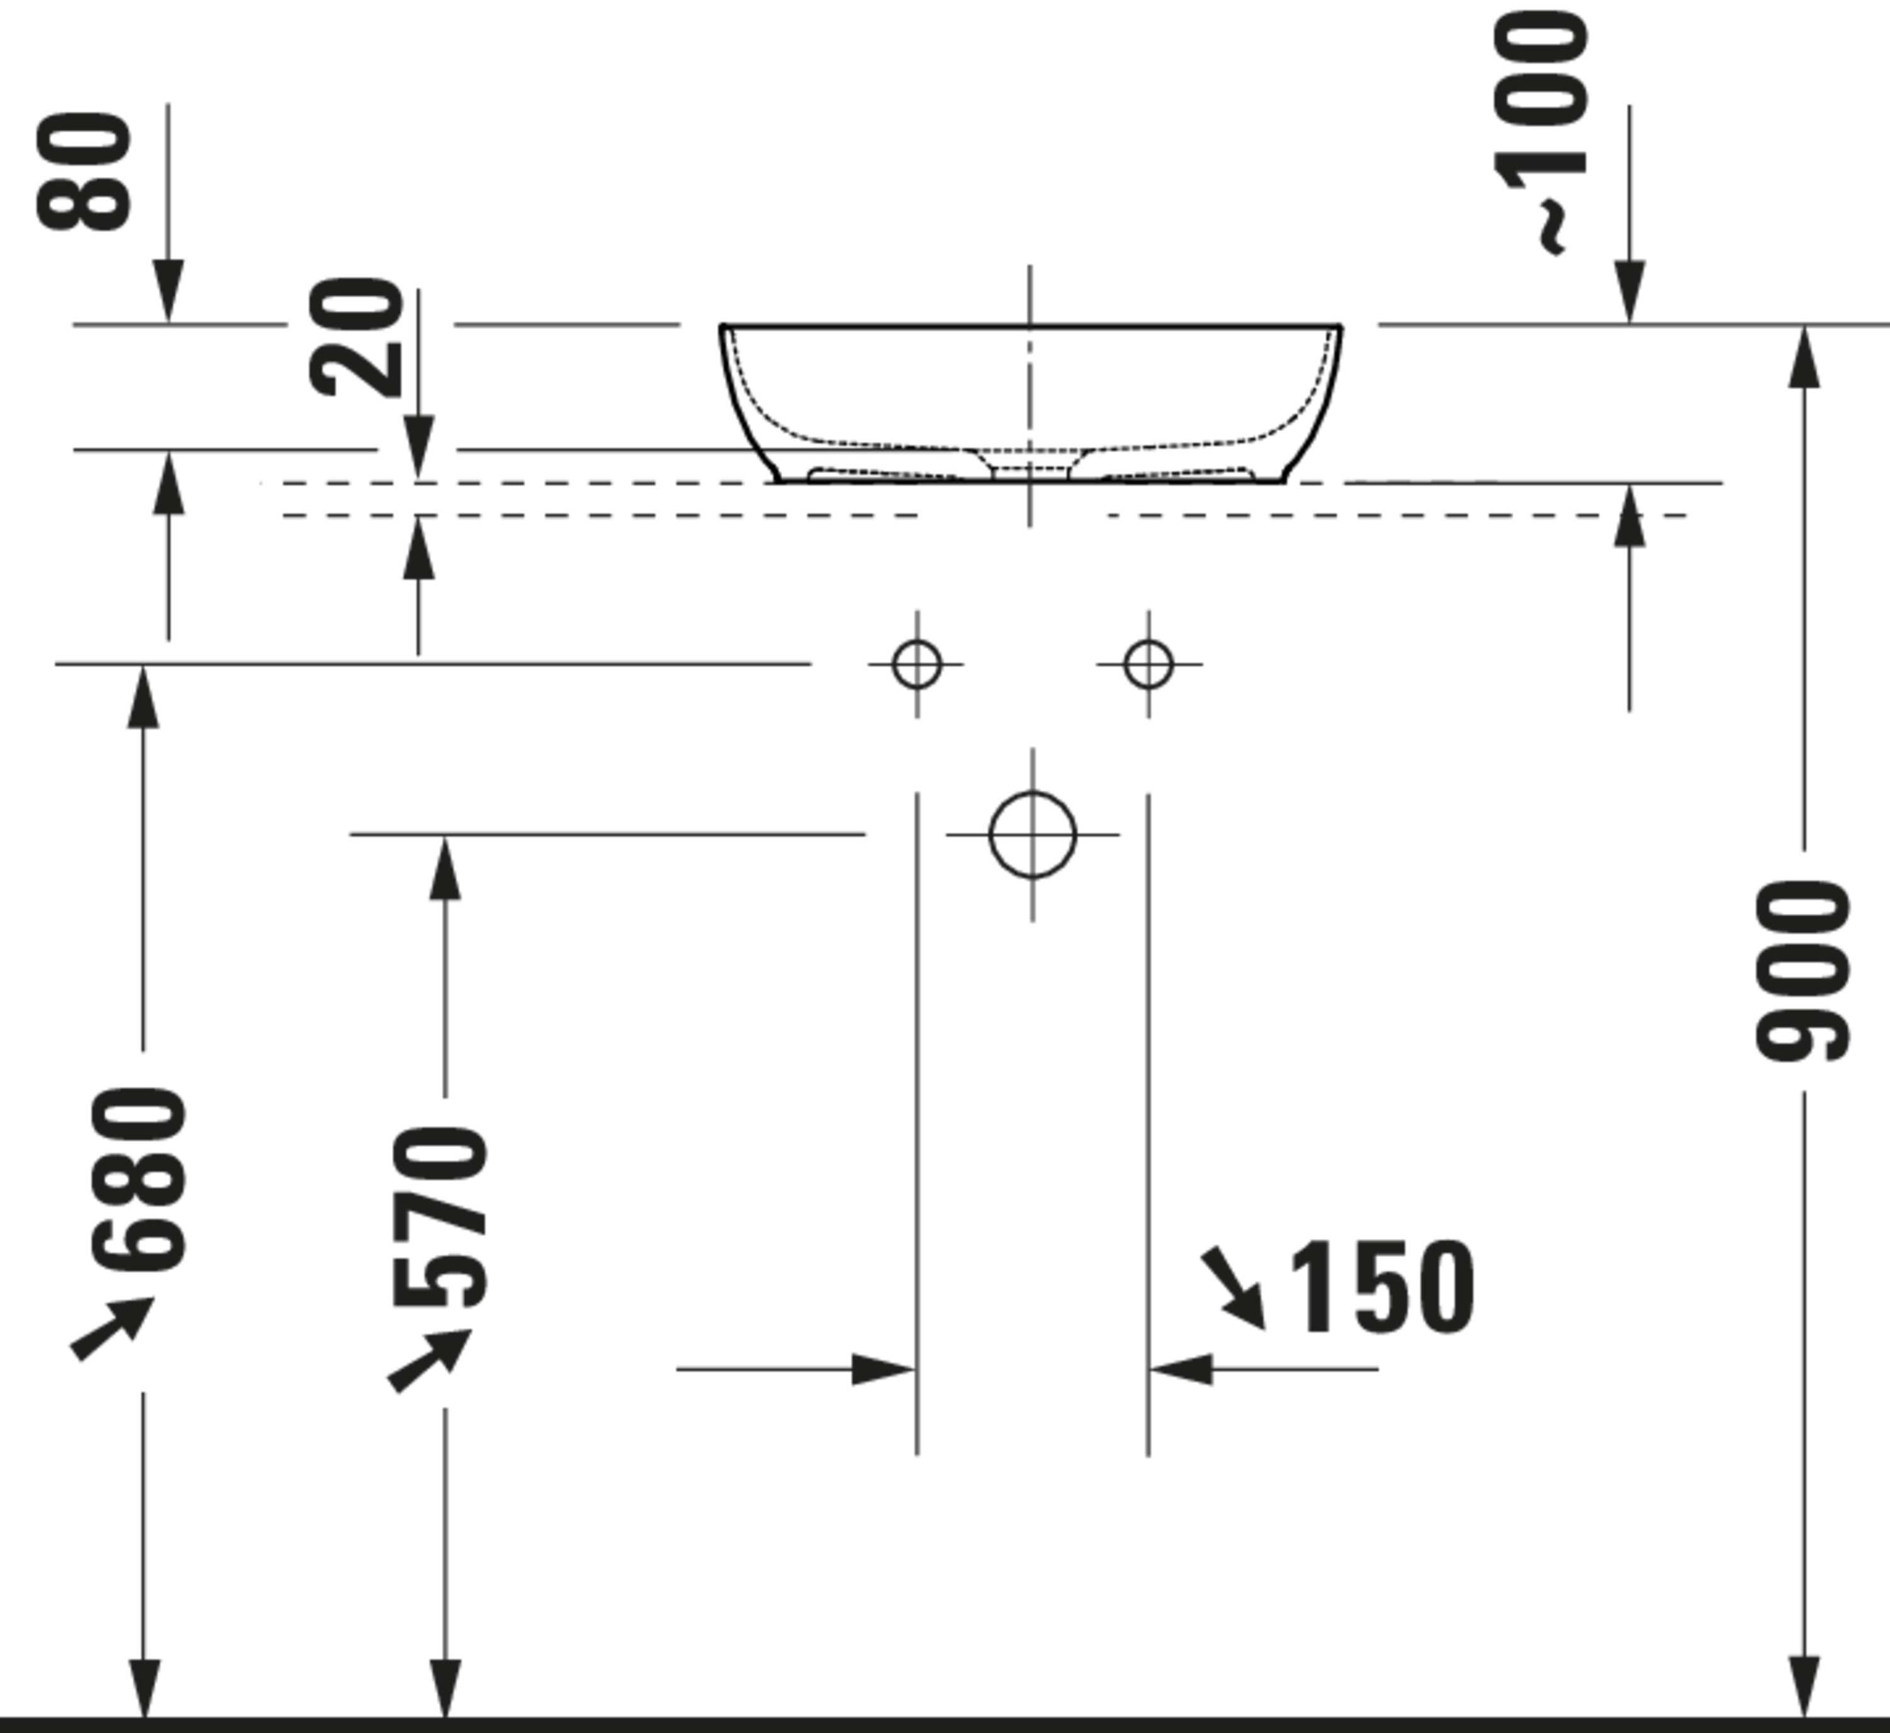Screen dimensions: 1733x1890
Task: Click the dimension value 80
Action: [84, 171]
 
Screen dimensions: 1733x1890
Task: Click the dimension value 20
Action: [356, 338]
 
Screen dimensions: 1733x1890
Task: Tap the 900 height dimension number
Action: [1802, 970]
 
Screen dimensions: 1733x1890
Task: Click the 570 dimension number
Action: [440, 1218]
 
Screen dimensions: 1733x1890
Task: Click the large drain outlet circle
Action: [1032, 834]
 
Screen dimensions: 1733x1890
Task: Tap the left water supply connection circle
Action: [917, 664]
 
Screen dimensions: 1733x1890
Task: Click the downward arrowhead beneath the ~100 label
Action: [1629, 292]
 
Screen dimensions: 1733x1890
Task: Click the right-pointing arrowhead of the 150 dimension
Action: [881, 1369]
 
